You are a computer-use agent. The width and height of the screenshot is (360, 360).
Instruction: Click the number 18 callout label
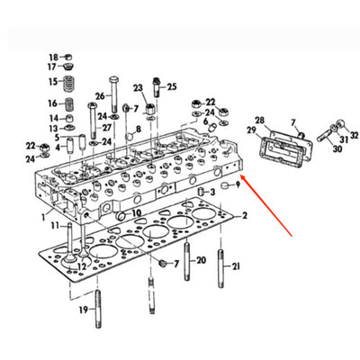53,57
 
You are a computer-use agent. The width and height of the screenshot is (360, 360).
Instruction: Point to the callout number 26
101,95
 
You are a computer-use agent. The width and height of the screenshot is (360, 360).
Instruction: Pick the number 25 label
172,86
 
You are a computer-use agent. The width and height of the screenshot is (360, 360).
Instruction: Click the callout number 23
138,87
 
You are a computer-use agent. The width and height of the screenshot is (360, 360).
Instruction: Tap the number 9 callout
238,185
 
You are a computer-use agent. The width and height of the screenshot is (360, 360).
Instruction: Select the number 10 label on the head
137,212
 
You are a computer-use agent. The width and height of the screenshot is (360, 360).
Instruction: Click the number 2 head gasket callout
245,216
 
